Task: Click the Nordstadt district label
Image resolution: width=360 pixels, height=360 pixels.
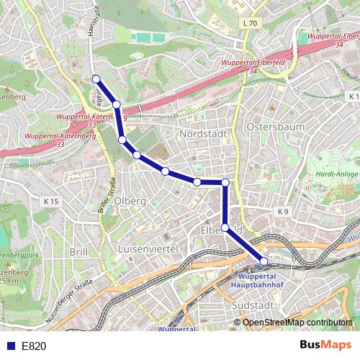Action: pos(203,134)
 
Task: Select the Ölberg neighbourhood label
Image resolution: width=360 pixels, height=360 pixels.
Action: pos(130,200)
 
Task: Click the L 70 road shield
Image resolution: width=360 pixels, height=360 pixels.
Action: pos(250,24)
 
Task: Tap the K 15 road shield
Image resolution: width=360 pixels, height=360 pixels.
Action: pos(50,202)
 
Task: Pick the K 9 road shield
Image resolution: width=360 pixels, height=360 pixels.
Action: pos(282,212)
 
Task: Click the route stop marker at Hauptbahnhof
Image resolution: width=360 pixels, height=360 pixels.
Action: pos(264,261)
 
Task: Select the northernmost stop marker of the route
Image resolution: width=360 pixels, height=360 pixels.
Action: pos(96,78)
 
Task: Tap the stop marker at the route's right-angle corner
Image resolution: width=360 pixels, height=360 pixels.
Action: pos(225,182)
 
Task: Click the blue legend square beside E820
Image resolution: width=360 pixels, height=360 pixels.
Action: pos(8,346)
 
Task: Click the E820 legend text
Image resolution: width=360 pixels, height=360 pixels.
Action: pos(34,346)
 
